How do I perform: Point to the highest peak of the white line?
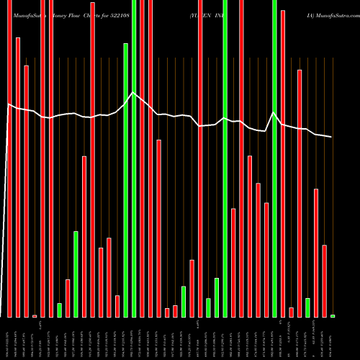pyautogui.click(x=132, y=92)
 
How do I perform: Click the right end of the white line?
pyautogui.click(x=332, y=137)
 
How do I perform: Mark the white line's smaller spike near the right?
pyautogui.click(x=273, y=113)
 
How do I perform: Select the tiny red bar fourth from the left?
pyautogui.click(x=35, y=315)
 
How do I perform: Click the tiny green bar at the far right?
pyautogui.click(x=333, y=315)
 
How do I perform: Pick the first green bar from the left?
pyautogui.click(x=60, y=310)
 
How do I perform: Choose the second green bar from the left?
pyautogui.click(x=76, y=274)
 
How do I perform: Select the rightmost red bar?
pyautogui.click(x=325, y=281)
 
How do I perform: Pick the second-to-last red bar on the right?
pyautogui.click(x=316, y=252)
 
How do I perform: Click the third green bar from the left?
pyautogui.click(x=126, y=180)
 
